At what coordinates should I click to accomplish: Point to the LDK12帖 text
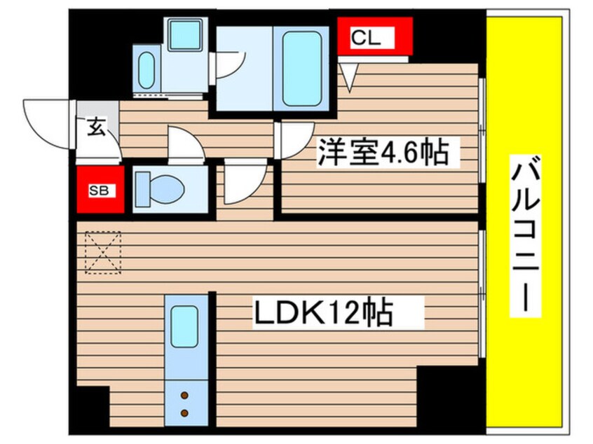[x=322, y=314]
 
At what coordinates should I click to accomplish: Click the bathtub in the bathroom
[x=304, y=67]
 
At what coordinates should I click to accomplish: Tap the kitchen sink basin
[x=186, y=326]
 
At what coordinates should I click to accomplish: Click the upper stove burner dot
[x=186, y=396]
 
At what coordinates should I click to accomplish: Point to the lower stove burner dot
[x=186, y=413]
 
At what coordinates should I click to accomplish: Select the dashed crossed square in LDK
[x=102, y=251]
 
